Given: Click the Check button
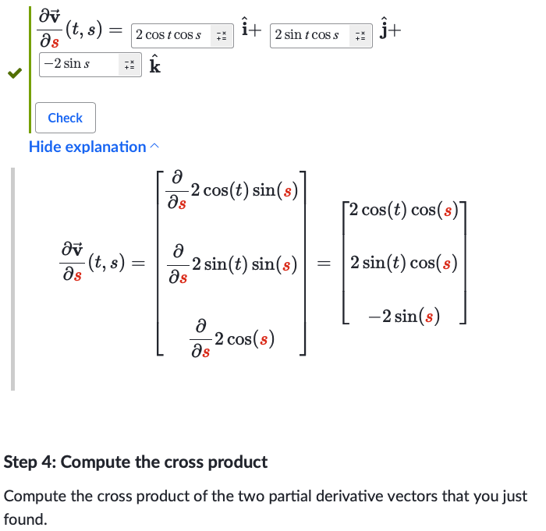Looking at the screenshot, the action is [66, 118].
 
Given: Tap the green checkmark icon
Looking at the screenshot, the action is [13, 74].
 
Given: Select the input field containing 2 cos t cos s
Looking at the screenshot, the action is [169, 35].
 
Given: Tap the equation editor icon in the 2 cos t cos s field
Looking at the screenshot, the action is [222, 36].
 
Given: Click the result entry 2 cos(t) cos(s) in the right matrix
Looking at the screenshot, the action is [403, 210].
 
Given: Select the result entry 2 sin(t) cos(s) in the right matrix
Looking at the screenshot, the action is [403, 263].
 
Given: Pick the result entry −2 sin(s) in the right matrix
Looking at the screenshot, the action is [404, 316].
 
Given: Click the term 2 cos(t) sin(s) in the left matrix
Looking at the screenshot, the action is [243, 190].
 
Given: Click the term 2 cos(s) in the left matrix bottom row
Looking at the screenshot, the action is [244, 339].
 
